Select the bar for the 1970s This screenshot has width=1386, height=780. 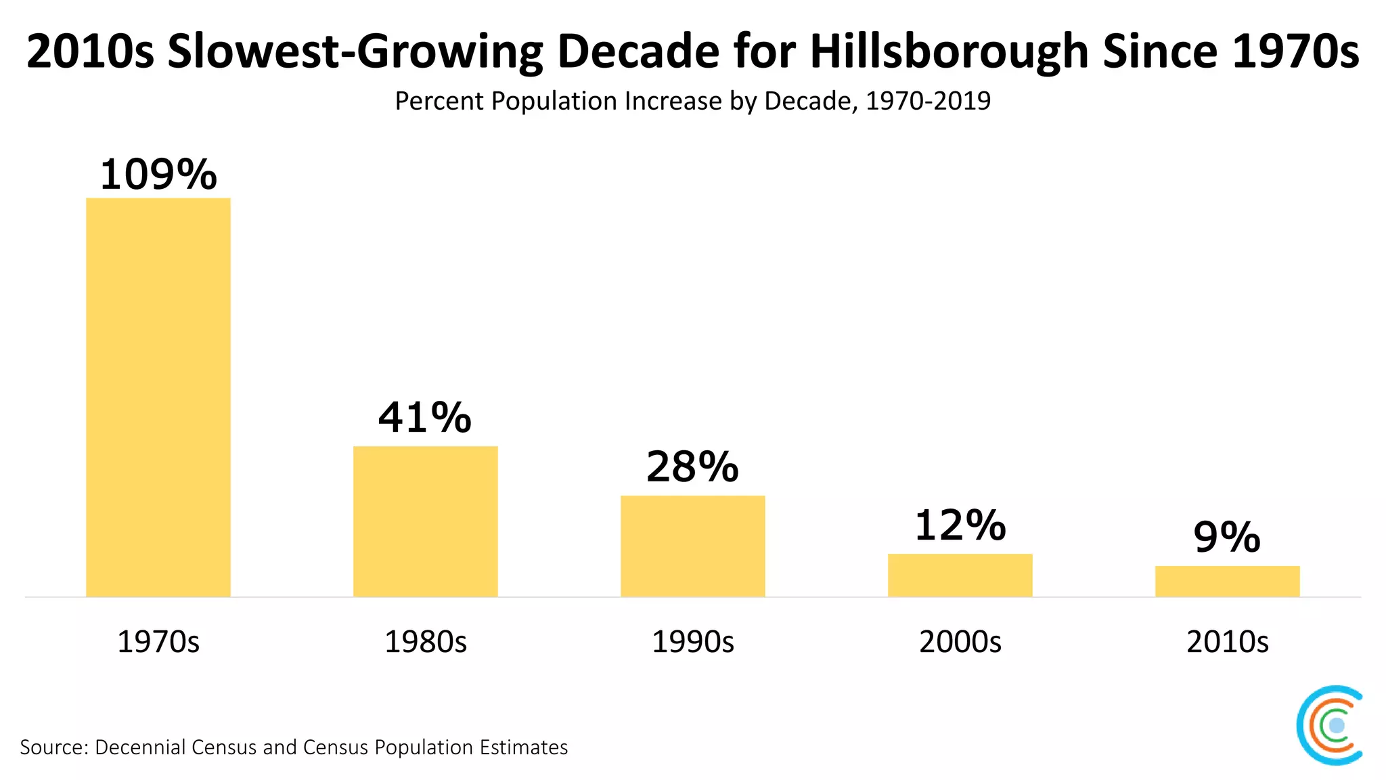(x=158, y=397)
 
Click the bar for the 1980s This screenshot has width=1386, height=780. (x=425, y=521)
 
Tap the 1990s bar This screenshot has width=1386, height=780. (x=692, y=546)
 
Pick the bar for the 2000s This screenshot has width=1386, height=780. (x=960, y=575)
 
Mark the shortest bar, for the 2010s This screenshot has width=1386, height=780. (x=1227, y=581)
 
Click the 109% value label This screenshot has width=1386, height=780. (x=158, y=175)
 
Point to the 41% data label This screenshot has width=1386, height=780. (x=425, y=417)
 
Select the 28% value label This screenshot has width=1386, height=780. (x=692, y=467)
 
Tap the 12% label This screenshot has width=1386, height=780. (x=960, y=525)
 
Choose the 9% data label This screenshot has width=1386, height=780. (x=1227, y=538)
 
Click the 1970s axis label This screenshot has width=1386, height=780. (x=158, y=641)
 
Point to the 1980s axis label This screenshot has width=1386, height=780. (x=425, y=641)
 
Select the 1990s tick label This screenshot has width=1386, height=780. (x=692, y=641)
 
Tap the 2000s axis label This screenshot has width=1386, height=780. (x=960, y=641)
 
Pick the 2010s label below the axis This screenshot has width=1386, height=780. (x=1227, y=641)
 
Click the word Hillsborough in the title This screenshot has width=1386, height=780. (x=949, y=51)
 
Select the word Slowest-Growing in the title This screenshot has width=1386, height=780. (x=355, y=51)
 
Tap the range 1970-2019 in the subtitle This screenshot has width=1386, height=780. (x=928, y=101)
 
